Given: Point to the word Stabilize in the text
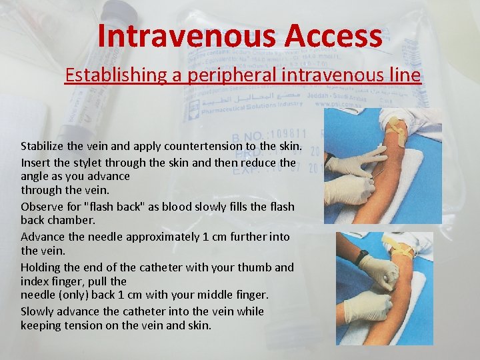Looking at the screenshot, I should [x=41, y=146].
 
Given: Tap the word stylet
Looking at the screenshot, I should [x=81, y=163].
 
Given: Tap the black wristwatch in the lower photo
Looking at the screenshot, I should [x=363, y=256].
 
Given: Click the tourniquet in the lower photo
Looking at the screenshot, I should [x=393, y=251].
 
